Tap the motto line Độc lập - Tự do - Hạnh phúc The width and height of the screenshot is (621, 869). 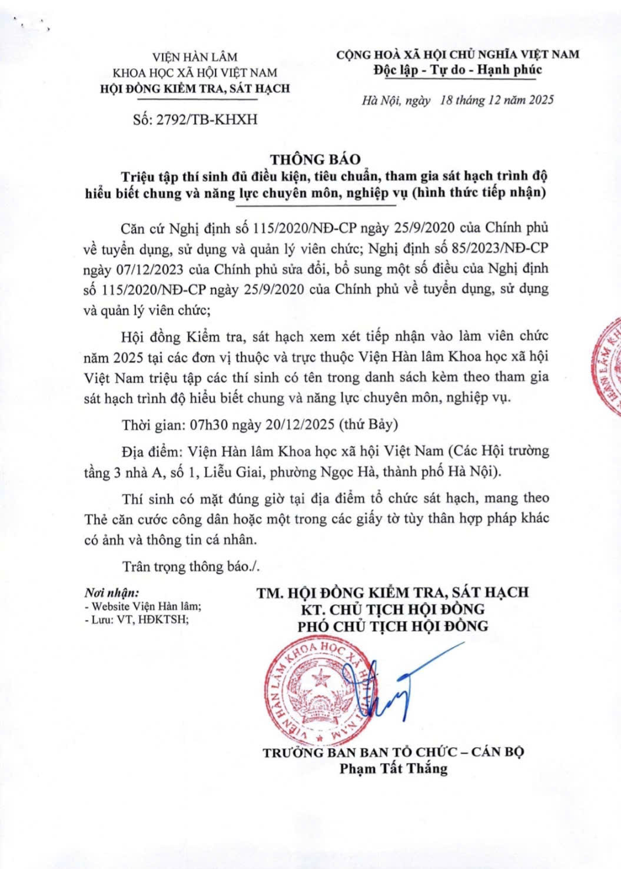pos(457,70)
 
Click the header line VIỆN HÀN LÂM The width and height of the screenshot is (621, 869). pos(195,57)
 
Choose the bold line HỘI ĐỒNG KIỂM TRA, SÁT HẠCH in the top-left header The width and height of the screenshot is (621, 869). pos(195,88)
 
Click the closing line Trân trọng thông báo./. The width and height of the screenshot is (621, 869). pos(191,566)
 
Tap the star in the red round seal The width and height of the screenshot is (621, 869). pos(320,681)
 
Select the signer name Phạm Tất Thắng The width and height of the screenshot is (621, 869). pos(393,768)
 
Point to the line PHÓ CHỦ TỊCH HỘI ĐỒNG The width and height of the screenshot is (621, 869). pos(393,625)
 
